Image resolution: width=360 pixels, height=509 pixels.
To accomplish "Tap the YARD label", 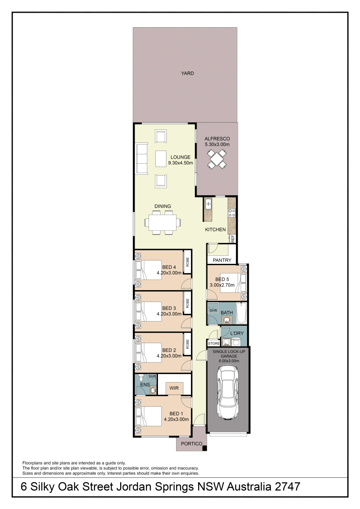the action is coord(187,73).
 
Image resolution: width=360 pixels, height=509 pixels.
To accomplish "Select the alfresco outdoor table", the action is coord(217,159).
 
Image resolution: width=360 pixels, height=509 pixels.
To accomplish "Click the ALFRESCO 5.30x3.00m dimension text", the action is coord(217,144).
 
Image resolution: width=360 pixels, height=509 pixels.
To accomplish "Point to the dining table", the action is coord(162,222).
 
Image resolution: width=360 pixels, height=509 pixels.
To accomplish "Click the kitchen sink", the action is coord(208,203).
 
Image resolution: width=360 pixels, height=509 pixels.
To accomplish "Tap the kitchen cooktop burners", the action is coord(232,213).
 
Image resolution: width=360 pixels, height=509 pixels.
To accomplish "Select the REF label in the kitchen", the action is coord(233,239).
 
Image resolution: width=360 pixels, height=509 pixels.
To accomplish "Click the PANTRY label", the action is coord(222,260).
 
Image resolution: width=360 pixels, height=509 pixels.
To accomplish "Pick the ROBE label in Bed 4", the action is coord(188,262).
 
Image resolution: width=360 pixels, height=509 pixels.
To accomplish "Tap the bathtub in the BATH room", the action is coord(241,313).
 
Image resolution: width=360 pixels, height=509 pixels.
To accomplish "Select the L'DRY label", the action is coord(237,333).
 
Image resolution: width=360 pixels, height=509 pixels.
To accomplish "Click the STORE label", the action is coord(214,344).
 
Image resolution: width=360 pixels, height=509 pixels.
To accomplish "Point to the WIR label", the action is coord(174,388).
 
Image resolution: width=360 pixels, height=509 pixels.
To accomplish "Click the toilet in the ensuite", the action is coord(141,378).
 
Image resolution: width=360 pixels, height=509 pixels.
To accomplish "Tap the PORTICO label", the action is coord(191,444).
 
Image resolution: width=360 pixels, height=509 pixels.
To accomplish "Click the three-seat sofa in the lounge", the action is coord(142,158).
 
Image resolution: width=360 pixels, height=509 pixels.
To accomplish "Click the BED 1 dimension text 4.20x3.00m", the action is coord(176,419).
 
